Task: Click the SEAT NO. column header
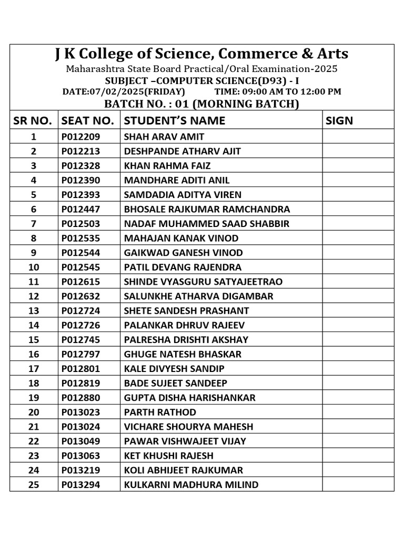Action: click(x=88, y=120)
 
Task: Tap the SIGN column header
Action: click(x=339, y=120)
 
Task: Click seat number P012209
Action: click(x=80, y=137)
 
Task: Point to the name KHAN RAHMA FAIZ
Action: click(x=167, y=165)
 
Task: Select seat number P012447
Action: click(x=80, y=209)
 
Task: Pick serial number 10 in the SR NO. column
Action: click(x=34, y=267)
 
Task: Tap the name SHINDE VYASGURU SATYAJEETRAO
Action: click(x=203, y=282)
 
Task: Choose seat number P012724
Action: click(x=80, y=311)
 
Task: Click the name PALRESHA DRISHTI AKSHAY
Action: click(x=186, y=339)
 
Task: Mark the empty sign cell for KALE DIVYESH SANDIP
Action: click(x=358, y=368)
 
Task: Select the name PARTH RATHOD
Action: click(x=160, y=412)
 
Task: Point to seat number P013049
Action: click(x=80, y=441)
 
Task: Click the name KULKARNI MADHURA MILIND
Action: click(x=191, y=484)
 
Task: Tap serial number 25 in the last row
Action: click(x=34, y=484)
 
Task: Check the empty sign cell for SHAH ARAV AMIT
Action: click(x=358, y=137)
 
